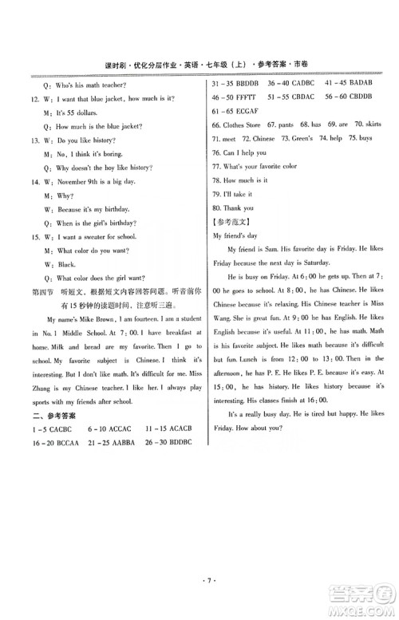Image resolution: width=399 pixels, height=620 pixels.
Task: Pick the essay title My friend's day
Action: (x=239, y=236)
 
